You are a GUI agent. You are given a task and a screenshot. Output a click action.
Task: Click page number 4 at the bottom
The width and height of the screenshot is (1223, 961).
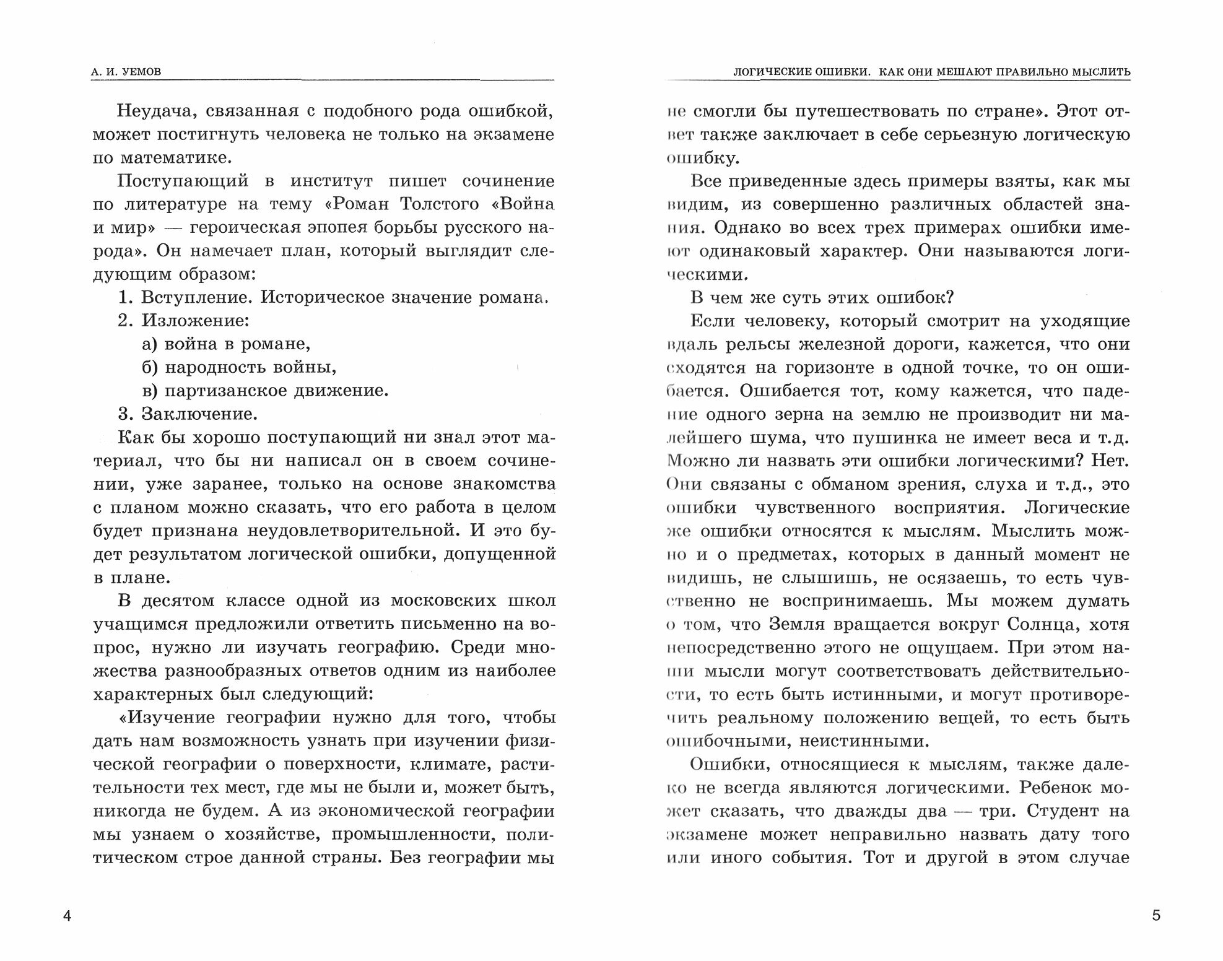coord(67,916)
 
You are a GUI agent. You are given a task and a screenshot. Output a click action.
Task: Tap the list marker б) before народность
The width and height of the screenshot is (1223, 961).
coord(150,368)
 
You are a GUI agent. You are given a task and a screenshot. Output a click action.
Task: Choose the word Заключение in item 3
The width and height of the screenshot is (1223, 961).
coord(199,414)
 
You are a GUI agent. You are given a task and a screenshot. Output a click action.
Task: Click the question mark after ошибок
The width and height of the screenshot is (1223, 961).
coord(949,298)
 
